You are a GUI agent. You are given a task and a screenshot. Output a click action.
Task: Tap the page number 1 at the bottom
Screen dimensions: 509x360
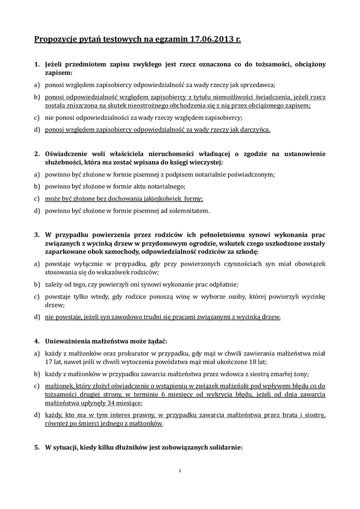click(x=180, y=470)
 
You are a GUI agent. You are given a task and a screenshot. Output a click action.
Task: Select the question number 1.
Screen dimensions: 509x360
click(x=37, y=65)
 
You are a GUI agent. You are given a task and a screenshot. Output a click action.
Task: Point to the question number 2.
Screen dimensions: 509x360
click(x=37, y=154)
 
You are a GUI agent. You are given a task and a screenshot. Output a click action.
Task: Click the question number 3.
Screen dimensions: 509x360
click(x=37, y=234)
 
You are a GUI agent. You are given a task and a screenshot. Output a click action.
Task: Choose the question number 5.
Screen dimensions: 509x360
click(x=37, y=447)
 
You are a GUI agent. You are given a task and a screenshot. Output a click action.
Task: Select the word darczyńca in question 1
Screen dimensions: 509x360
click(x=254, y=130)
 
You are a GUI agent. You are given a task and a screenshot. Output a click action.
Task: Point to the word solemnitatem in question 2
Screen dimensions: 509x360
click(x=190, y=211)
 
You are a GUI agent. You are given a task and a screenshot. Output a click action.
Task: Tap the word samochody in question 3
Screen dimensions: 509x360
click(x=94, y=252)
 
